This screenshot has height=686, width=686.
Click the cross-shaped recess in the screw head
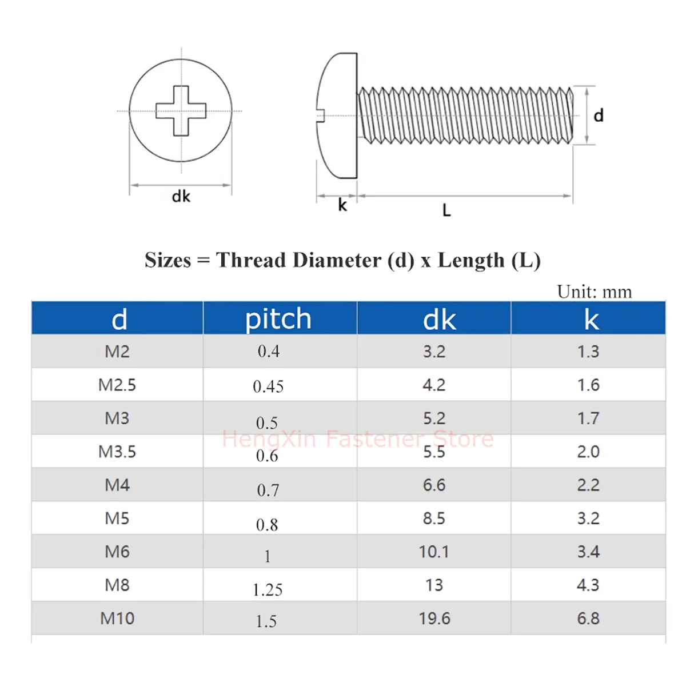(181, 111)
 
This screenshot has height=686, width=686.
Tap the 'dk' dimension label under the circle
(181, 197)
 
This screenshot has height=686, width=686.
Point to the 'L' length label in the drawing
(446, 210)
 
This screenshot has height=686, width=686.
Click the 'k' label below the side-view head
(342, 205)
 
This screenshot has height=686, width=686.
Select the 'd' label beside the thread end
(599, 115)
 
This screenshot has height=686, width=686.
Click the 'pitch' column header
(278, 319)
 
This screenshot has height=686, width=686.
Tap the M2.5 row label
(117, 385)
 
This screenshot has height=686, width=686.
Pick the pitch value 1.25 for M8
(268, 590)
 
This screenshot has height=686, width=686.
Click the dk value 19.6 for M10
(434, 619)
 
